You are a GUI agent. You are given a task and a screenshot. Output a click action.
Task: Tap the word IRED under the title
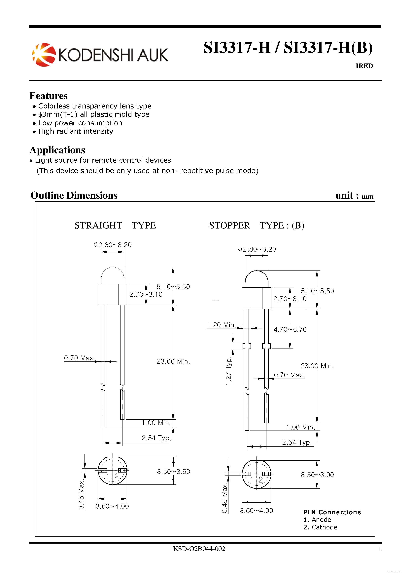364,66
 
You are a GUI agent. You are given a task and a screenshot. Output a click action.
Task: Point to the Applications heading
57,150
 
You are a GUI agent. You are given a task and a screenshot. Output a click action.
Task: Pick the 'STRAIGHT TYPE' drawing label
115,225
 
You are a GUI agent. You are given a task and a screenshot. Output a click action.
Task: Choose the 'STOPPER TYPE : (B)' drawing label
256,225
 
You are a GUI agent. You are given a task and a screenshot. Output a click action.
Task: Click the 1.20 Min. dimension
221,325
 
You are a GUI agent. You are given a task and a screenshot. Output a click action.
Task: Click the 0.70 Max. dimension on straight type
79,358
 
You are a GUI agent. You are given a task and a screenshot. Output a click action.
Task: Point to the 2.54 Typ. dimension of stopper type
296,442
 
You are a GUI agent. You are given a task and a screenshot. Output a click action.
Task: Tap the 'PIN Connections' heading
332,512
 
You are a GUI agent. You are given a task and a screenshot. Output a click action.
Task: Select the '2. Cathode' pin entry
320,527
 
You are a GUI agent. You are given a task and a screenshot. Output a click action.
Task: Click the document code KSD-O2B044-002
199,549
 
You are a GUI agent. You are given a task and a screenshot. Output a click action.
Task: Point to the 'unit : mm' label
354,196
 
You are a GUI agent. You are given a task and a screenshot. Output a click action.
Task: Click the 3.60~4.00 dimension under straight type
112,506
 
